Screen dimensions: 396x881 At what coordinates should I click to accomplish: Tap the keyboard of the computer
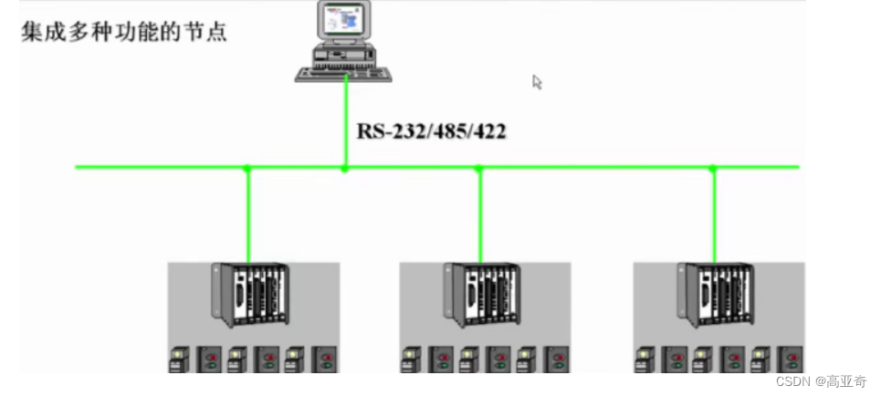[343, 74]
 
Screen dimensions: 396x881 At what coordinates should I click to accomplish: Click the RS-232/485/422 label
[431, 131]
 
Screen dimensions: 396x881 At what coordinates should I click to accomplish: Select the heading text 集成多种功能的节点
[123, 33]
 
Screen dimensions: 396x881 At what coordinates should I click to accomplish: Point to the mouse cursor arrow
[537, 82]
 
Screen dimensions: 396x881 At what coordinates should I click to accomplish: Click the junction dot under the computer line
[344, 168]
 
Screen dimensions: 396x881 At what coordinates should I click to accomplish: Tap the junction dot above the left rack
[246, 168]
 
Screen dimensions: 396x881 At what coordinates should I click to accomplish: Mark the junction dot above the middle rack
[479, 168]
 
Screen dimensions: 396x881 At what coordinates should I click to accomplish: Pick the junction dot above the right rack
[713, 168]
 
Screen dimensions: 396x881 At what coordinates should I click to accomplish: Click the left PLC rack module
[250, 294]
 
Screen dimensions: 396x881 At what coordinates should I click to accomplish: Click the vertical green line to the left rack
[247, 215]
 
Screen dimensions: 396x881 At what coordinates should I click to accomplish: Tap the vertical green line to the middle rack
[480, 215]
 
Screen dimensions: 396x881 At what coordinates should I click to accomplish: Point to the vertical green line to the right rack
[714, 215]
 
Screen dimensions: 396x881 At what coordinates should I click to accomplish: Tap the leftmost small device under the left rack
[179, 359]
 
